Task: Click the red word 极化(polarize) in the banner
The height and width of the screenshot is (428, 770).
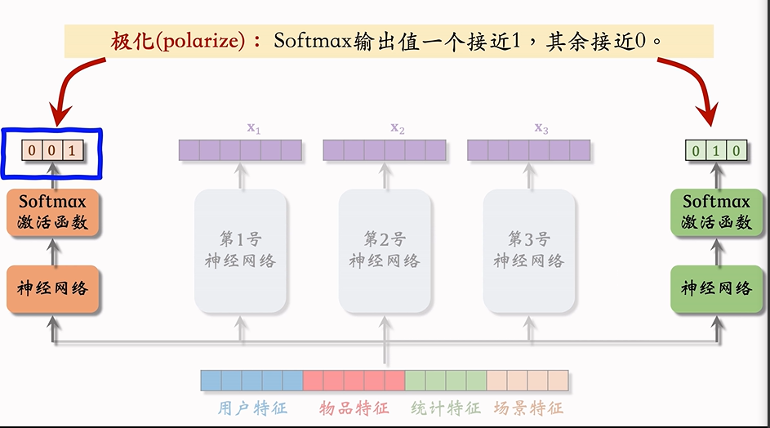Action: [178, 41]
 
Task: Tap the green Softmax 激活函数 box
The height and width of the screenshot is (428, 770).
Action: [717, 212]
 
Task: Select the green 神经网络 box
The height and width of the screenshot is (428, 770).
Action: [717, 288]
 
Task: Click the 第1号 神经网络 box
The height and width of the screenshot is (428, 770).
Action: [240, 250]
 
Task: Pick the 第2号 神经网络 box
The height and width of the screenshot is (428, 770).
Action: [385, 250]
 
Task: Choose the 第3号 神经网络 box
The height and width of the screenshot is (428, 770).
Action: [528, 250]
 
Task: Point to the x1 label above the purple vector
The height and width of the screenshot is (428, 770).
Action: [254, 128]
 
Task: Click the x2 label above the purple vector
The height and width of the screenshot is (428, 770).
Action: [398, 128]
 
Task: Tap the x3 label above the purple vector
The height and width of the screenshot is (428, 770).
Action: [541, 128]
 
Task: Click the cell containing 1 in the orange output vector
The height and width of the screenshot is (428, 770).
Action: [72, 150]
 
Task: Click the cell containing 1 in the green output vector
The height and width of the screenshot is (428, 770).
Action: [716, 150]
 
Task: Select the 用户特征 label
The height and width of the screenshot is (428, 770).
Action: [252, 408]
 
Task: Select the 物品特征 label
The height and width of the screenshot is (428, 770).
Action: [354, 408]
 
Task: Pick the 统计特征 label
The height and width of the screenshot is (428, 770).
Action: [445, 408]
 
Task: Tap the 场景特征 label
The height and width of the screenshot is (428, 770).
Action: [528, 408]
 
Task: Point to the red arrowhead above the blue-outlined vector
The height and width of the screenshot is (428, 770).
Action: [58, 112]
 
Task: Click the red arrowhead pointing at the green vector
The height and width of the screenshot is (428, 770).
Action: [710, 112]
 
